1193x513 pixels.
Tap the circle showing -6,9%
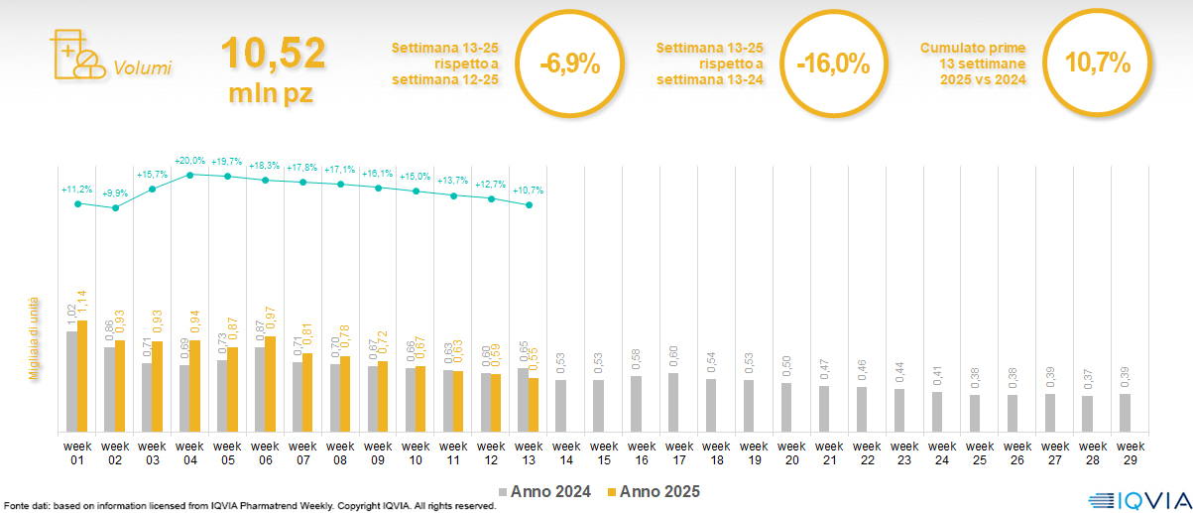coord(570,64)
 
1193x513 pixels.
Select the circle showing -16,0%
coord(833,64)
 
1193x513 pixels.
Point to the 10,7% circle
coord(1097,63)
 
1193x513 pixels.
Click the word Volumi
coord(142,68)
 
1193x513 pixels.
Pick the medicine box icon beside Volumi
coord(75,55)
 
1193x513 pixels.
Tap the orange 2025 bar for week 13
coord(534,405)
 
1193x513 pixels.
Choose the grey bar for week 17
coord(673,402)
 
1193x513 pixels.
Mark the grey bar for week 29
coord(1125,413)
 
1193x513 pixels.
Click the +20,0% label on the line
coord(189,161)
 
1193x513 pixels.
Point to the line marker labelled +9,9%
coord(116,208)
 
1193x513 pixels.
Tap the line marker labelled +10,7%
coord(529,205)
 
